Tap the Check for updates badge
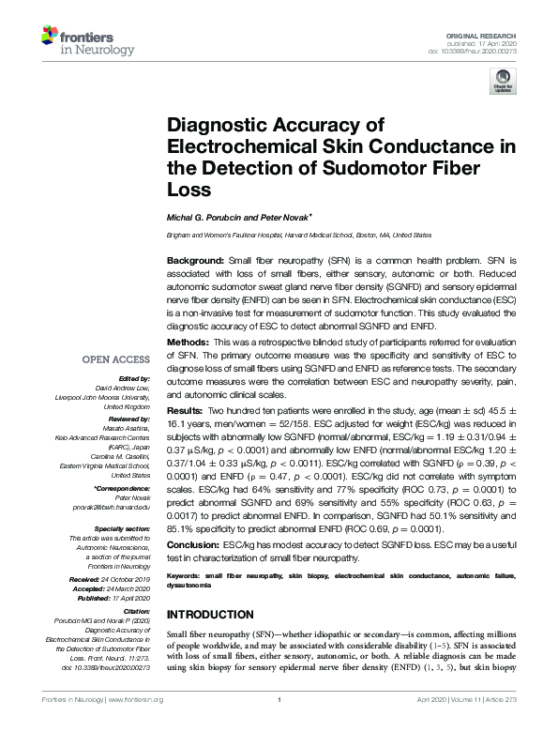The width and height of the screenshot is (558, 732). point(502,83)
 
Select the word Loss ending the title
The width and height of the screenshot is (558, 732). point(187,189)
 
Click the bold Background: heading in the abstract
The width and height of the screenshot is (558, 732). point(193,259)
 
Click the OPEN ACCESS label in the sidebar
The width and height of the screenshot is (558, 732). point(117,359)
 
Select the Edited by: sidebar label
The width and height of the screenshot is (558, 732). point(131,378)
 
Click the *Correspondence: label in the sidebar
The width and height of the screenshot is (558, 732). point(123,490)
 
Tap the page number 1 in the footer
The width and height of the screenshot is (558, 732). point(279,700)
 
